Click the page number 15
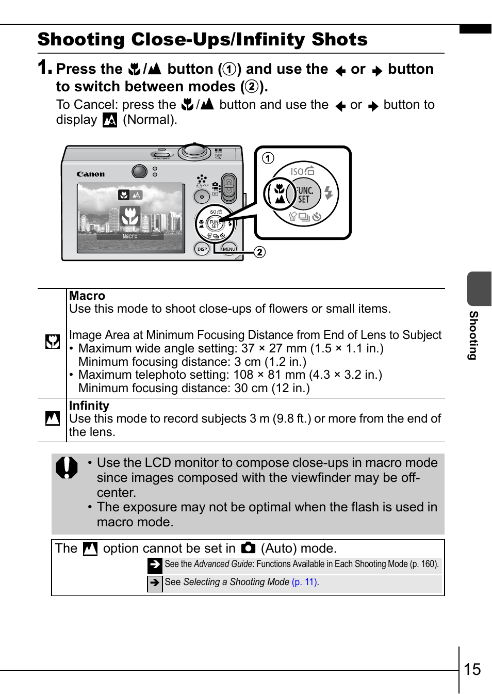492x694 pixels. pyautogui.click(x=472, y=669)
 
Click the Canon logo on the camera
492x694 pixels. pyautogui.click(x=91, y=174)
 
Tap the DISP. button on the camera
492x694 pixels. pyautogui.click(x=202, y=249)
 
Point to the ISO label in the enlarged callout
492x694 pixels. pyautogui.click(x=297, y=171)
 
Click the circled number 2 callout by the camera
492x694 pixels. pyautogui.click(x=259, y=252)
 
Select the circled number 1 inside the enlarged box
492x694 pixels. pyautogui.click(x=268, y=158)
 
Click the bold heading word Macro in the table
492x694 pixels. pyautogui.click(x=87, y=296)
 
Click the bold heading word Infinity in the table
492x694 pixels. pyautogui.click(x=89, y=406)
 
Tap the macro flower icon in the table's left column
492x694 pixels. pyautogui.click(x=52, y=342)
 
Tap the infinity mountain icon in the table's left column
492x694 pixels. pyautogui.click(x=52, y=418)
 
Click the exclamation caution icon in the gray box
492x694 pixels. pyautogui.click(x=67, y=467)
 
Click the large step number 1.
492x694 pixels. pyautogui.click(x=44, y=67)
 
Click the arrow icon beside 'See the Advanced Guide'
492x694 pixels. pyautogui.click(x=155, y=565)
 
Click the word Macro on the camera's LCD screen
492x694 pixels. pyautogui.click(x=130, y=236)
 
